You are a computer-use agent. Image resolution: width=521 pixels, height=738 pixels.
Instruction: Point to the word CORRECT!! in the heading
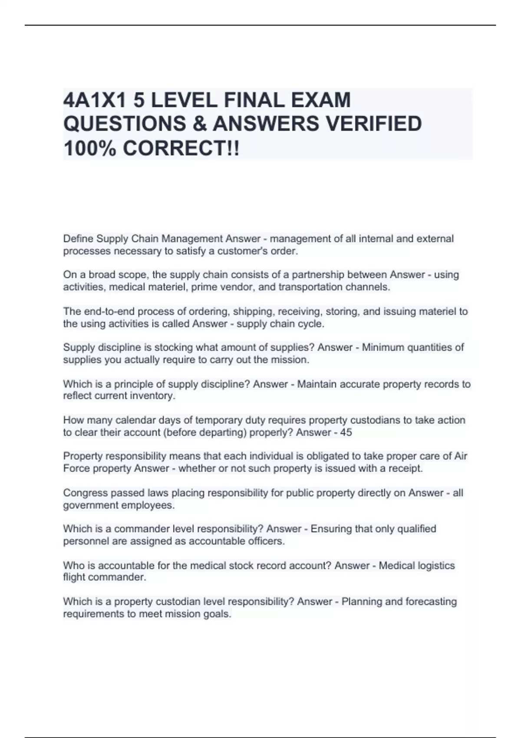coord(181,148)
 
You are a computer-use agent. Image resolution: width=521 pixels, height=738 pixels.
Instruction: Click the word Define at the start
coord(79,239)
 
